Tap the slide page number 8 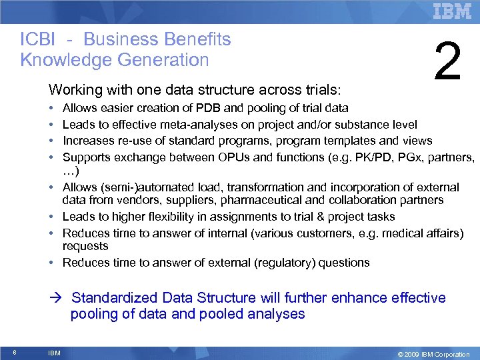[14, 353]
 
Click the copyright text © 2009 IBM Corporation [433, 354]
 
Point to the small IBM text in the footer [54, 353]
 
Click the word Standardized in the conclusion [116, 298]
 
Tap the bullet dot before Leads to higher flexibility [51, 217]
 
